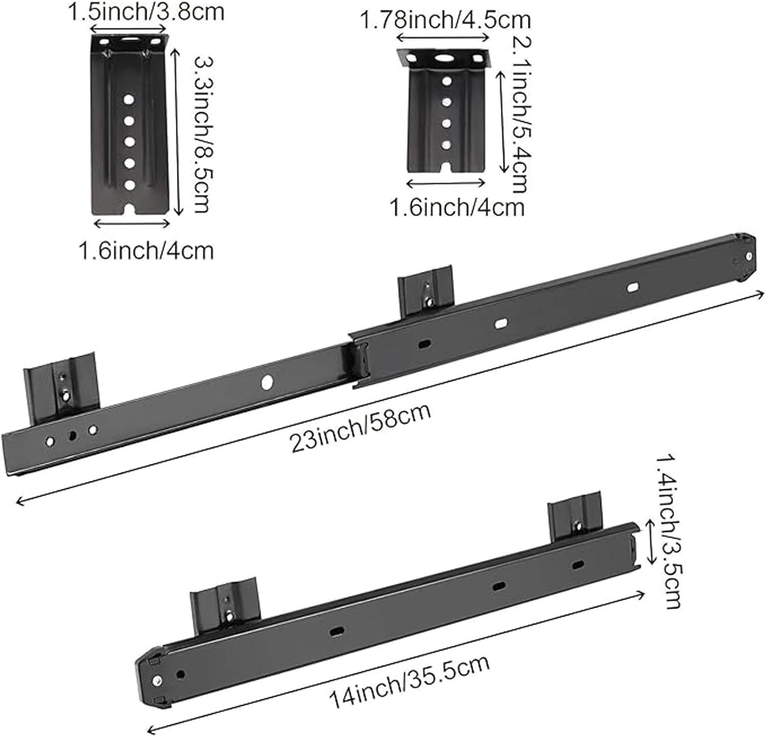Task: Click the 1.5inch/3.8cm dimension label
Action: point(147,11)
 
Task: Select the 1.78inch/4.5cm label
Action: point(445,20)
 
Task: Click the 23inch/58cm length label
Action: point(361,427)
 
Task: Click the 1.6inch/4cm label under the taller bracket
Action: point(146,250)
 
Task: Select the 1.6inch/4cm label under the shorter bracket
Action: point(457,208)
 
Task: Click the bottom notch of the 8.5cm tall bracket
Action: point(131,210)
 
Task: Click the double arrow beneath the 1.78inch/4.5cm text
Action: point(443,37)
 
